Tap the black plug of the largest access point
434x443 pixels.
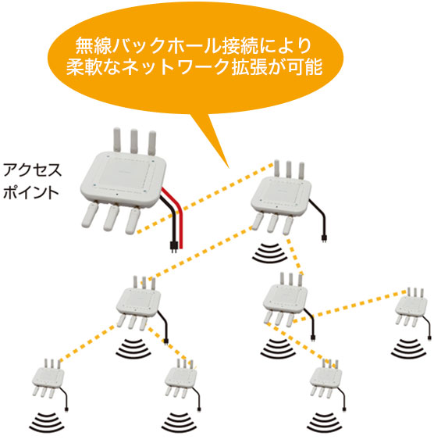click(173, 247)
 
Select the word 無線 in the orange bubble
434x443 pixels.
click(93, 46)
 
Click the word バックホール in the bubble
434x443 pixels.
click(166, 46)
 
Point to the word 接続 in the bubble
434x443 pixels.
click(240, 46)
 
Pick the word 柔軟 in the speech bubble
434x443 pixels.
click(84, 67)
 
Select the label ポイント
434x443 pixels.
click(30, 192)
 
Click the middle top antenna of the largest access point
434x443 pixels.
click(133, 141)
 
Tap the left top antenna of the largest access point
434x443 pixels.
click(117, 140)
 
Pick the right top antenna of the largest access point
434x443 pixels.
click(151, 143)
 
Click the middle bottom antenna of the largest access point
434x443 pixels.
click(111, 217)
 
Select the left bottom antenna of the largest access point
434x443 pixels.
click(90, 215)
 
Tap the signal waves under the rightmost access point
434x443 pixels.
click(408, 350)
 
